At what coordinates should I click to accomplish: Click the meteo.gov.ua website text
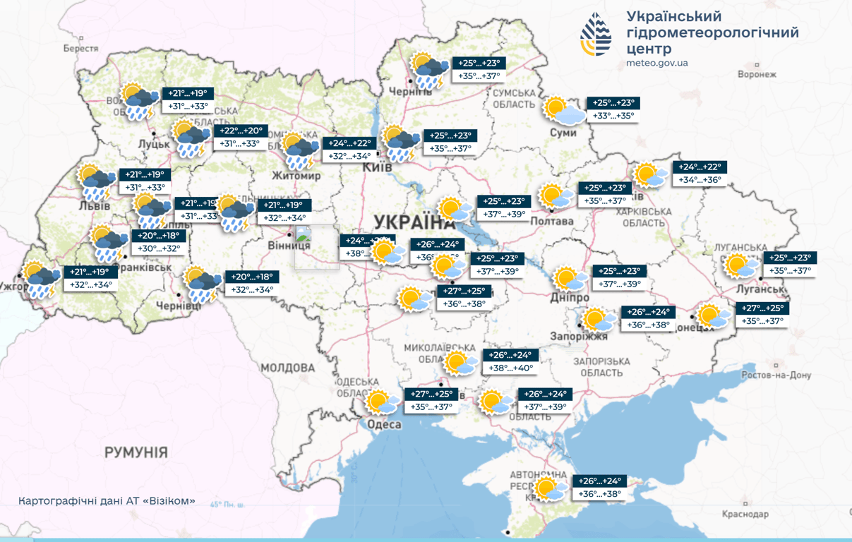tap(656, 63)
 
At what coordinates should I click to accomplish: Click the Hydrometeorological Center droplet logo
tap(596, 34)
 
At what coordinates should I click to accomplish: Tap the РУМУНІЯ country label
tap(136, 452)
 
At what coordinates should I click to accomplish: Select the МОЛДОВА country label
tap(287, 368)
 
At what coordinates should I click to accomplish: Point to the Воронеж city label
tap(756, 74)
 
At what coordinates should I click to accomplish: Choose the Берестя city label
tap(80, 49)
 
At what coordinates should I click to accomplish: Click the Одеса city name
tap(385, 424)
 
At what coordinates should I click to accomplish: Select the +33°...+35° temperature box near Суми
tap(613, 116)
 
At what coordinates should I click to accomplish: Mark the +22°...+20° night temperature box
tap(241, 131)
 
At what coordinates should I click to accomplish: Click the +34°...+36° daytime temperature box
tap(700, 180)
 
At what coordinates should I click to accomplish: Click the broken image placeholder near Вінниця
tap(304, 235)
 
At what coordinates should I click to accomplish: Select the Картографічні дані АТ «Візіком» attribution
tap(107, 501)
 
